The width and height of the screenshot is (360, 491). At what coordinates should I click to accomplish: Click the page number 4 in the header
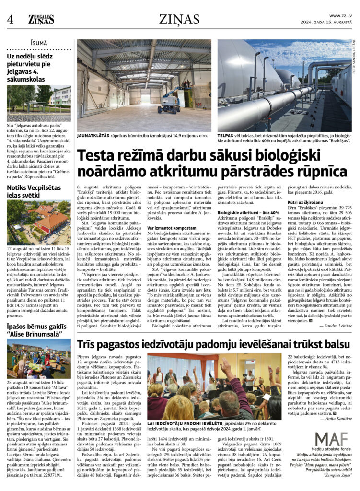[10, 19]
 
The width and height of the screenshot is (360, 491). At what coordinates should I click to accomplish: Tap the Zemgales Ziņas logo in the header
[41, 19]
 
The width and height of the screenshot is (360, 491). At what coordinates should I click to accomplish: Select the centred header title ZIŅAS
[179, 19]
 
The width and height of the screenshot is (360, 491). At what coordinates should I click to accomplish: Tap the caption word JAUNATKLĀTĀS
[95, 136]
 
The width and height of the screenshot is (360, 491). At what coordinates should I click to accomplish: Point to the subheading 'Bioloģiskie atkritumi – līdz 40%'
[248, 212]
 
